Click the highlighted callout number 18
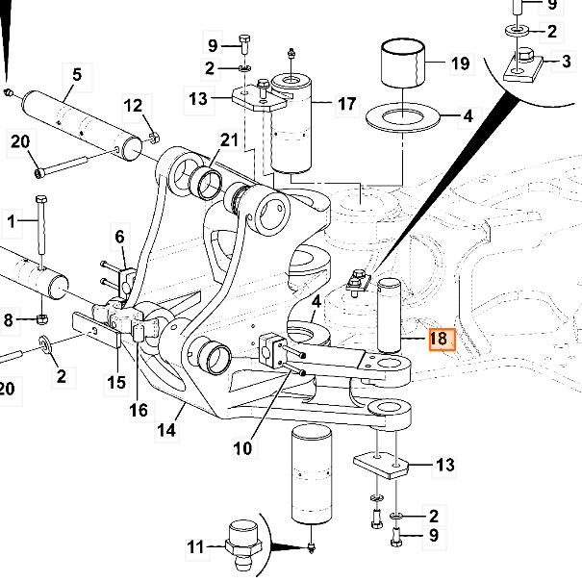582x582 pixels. point(439,339)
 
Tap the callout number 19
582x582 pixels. point(460,64)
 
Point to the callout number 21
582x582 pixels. point(227,141)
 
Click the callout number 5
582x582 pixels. point(76,73)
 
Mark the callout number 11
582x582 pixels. point(196,549)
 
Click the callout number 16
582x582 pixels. point(139,410)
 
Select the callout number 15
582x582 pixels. point(115,383)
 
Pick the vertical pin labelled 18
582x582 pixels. point(391,314)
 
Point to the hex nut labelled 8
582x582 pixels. point(41,318)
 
